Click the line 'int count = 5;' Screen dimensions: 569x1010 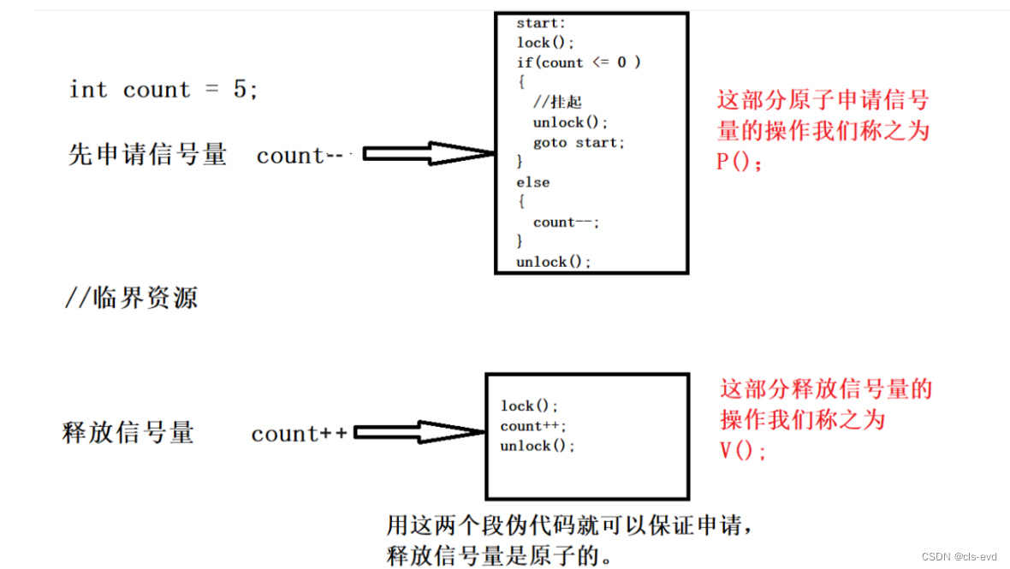point(163,90)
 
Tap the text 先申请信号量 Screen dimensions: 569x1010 point(148,154)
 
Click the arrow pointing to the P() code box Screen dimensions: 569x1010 point(428,154)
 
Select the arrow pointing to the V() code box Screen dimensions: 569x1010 point(419,433)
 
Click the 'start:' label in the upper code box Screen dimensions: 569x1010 point(541,23)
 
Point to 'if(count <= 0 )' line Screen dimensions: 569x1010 point(579,62)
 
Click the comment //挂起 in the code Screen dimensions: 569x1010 point(557,102)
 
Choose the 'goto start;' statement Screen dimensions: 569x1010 point(579,142)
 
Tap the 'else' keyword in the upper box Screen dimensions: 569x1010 point(532,182)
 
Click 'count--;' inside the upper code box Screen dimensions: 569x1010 point(567,222)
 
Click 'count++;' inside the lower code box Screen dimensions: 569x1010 point(534,426)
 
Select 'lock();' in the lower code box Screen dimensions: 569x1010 point(530,406)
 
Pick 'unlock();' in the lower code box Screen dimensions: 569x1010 point(538,446)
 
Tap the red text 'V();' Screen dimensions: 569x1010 point(744,450)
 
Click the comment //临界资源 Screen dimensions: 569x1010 point(131,298)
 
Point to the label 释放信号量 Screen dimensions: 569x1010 point(128,432)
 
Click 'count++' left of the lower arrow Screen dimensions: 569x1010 point(300,434)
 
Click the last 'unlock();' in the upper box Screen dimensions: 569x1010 point(554,262)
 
